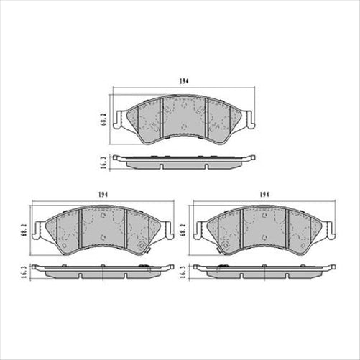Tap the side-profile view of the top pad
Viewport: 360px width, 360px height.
click(183, 162)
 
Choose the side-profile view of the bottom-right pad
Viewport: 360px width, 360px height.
click(264, 272)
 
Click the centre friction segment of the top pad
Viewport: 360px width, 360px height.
click(184, 115)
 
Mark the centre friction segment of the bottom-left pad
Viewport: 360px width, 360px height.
click(103, 226)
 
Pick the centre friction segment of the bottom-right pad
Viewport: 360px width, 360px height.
click(264, 226)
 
